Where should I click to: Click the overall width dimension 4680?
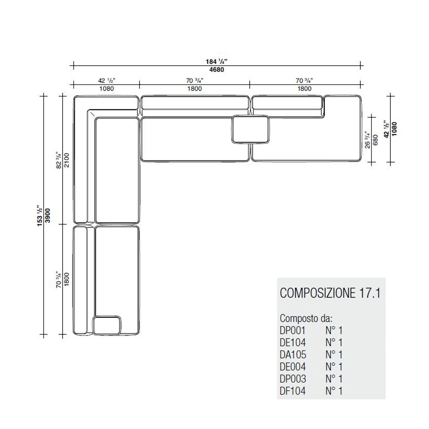pyautogui.click(x=217, y=70)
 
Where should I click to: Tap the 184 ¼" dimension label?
pyautogui.click(x=217, y=61)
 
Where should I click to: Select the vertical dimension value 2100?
pyautogui.click(x=67, y=160)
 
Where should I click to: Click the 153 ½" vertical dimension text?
pyautogui.click(x=41, y=215)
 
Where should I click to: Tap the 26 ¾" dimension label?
pyautogui.click(x=367, y=139)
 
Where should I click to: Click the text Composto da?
pyautogui.click(x=306, y=319)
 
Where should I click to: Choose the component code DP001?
pyautogui.click(x=293, y=331)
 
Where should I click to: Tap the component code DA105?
pyautogui.click(x=293, y=355)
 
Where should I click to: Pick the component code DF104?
pyautogui.click(x=293, y=391)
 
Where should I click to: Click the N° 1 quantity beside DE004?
pyautogui.click(x=334, y=367)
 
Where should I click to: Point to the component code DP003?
pyautogui.click(x=293, y=379)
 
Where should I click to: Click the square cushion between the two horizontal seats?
pyautogui.click(x=250, y=129)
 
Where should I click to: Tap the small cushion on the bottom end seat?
pyautogui.click(x=108, y=326)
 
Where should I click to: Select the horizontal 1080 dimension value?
pyautogui.click(x=106, y=89)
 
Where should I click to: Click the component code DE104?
pyautogui.click(x=293, y=343)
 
